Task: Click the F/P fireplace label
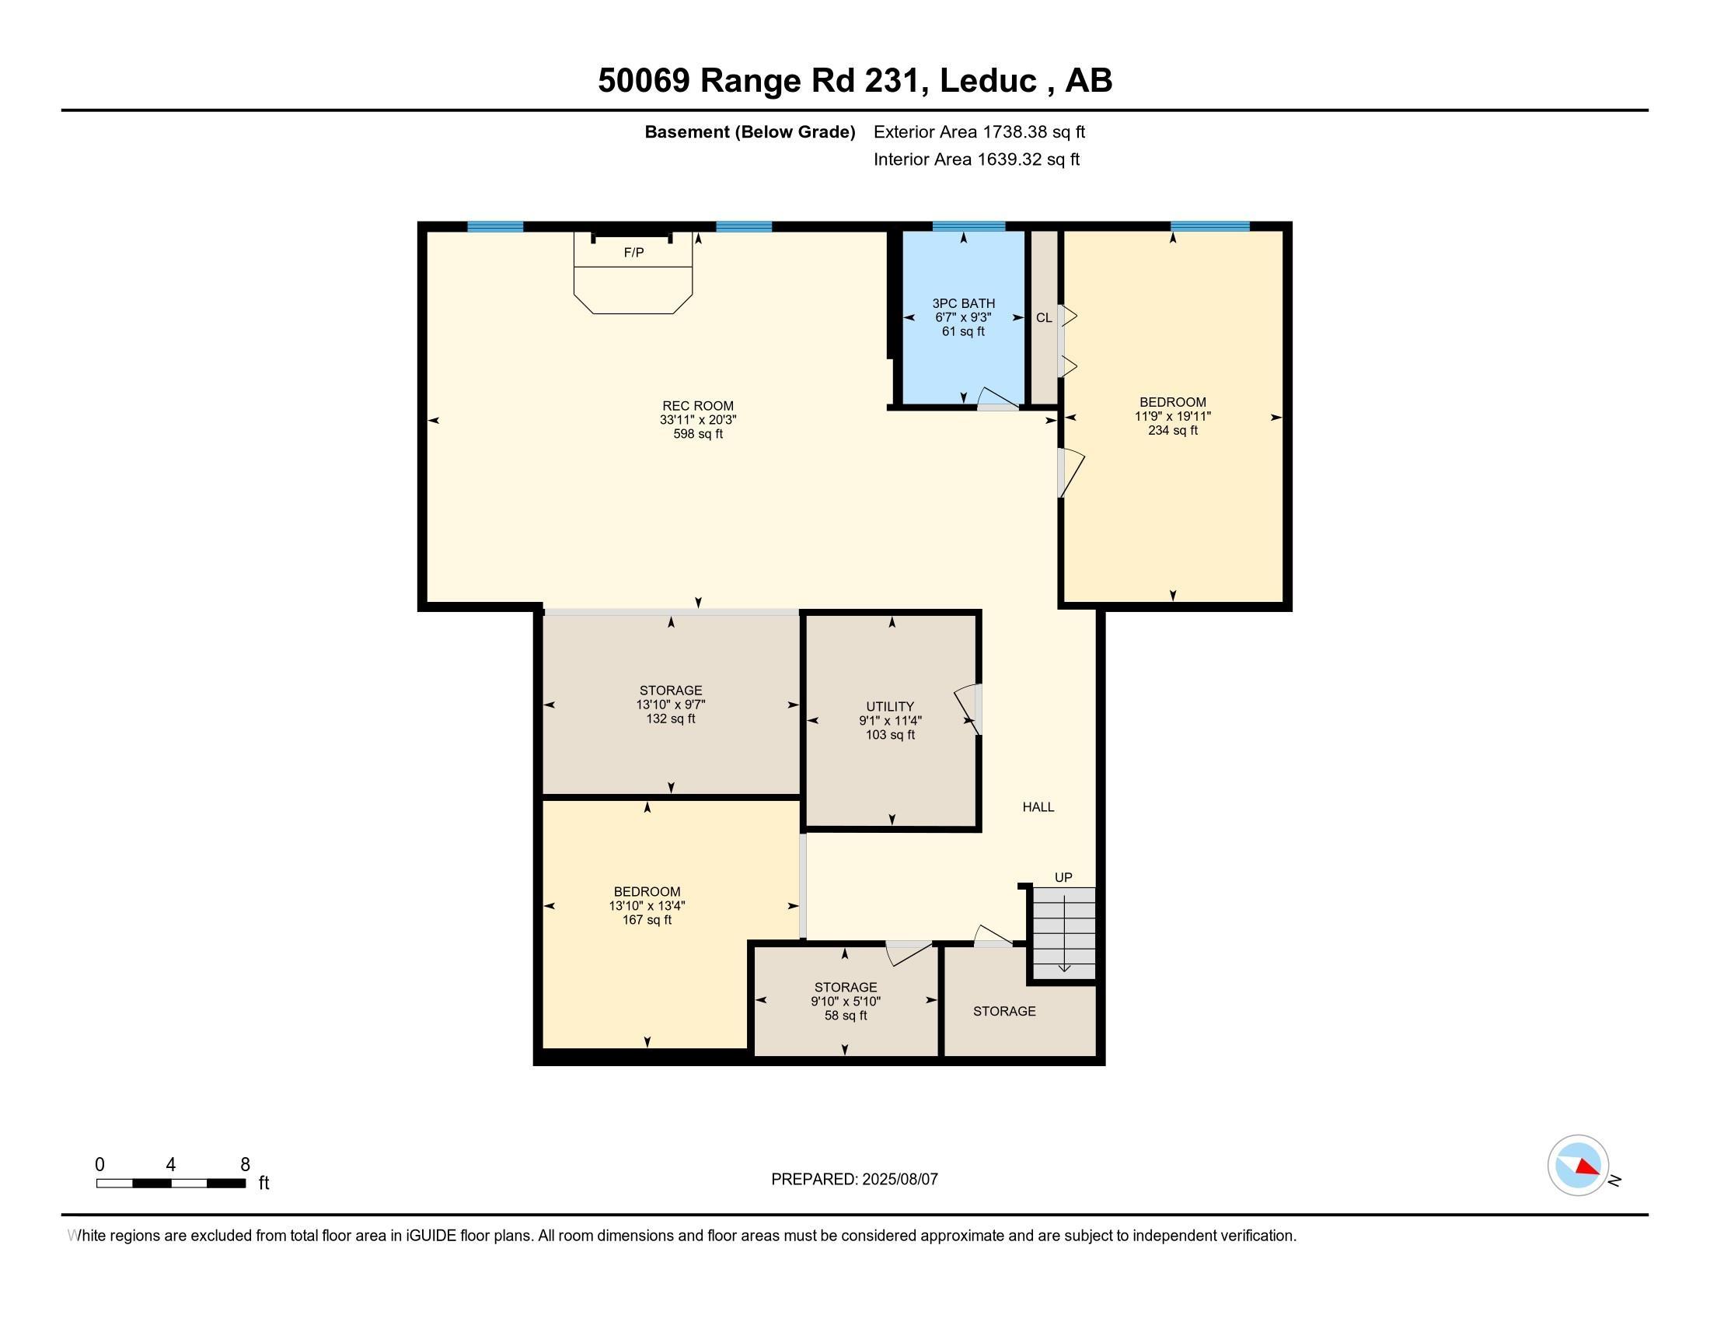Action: pos(633,252)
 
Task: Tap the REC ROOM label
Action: pos(698,406)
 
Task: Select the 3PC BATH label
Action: pos(963,303)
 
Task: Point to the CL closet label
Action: pos(1044,318)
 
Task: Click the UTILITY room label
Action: pos(890,706)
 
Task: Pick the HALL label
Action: pos(1038,806)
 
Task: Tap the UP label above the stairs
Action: pos(1063,877)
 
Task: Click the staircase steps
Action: pos(1064,932)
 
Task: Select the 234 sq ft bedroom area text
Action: pos(1173,430)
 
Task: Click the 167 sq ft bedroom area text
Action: pos(647,919)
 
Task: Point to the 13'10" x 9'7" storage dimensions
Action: pos(671,704)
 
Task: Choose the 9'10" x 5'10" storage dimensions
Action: pos(846,1001)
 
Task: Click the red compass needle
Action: pos(1587,1167)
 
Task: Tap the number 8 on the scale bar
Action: pos(245,1164)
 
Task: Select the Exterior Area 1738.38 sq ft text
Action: pos(979,131)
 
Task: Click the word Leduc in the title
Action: pos(988,80)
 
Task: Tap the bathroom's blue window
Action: pos(968,226)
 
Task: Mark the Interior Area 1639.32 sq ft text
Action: pos(976,159)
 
